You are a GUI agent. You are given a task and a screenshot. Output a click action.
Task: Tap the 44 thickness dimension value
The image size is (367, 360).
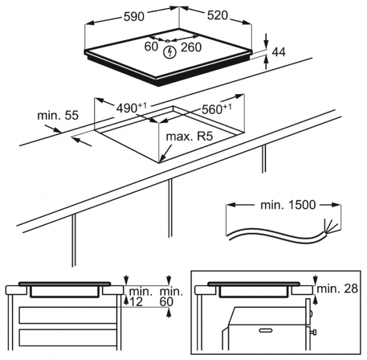pyautogui.click(x=278, y=53)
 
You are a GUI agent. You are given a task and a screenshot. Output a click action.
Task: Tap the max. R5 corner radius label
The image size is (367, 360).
pyautogui.click(x=190, y=137)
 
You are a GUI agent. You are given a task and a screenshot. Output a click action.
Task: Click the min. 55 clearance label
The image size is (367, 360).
pyautogui.click(x=57, y=116)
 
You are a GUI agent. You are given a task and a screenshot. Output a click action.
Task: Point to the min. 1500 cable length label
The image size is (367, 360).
pyautogui.click(x=288, y=205)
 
